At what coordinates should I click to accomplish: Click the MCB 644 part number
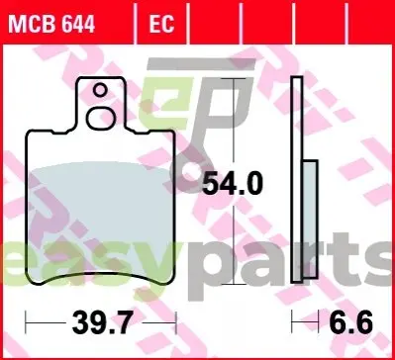click(51, 24)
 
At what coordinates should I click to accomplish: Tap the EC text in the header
click(161, 24)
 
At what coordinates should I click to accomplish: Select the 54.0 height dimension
click(233, 184)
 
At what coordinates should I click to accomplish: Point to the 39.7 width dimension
click(103, 322)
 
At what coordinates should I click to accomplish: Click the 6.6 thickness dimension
click(350, 322)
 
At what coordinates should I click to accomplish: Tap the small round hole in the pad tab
click(100, 90)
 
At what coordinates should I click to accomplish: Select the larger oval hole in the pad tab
click(101, 118)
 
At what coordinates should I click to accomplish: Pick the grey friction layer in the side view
click(310, 220)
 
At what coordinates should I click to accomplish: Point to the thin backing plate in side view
click(297, 179)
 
